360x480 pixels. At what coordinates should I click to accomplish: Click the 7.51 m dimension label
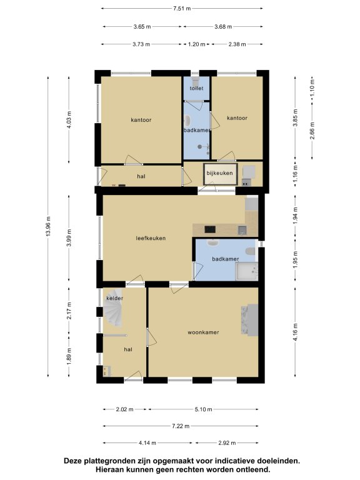pyautogui.click(x=182, y=9)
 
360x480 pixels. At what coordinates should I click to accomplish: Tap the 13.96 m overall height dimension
pyautogui.click(x=48, y=226)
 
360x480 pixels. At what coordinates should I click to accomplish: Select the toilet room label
pyautogui.click(x=196, y=89)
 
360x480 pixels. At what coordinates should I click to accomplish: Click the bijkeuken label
pyautogui.click(x=219, y=173)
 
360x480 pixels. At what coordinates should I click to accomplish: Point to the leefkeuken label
pyautogui.click(x=151, y=238)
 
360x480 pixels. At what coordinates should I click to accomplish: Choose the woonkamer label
pyautogui.click(x=203, y=332)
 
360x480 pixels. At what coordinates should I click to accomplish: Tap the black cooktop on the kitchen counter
pyautogui.click(x=210, y=229)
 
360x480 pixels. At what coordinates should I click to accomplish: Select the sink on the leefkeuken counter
pyautogui.click(x=242, y=230)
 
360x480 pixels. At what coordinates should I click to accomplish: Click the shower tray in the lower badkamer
pyautogui.click(x=246, y=271)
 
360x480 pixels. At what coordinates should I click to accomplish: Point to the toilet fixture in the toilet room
pyautogui.click(x=195, y=81)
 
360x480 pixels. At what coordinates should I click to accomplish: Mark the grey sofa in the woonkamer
pyautogui.click(x=249, y=320)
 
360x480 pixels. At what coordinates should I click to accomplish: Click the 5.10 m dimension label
pyautogui.click(x=203, y=409)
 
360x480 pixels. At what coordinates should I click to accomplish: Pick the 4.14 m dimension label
pyautogui.click(x=147, y=443)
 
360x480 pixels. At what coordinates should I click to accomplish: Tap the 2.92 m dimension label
pyautogui.click(x=227, y=443)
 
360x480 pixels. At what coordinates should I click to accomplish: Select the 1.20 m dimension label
pyautogui.click(x=196, y=44)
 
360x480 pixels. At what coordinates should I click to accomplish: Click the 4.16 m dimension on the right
pyautogui.click(x=295, y=332)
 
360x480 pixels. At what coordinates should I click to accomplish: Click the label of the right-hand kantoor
pyautogui.click(x=237, y=118)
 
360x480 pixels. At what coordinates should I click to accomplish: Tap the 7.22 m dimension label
pyautogui.click(x=180, y=426)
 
